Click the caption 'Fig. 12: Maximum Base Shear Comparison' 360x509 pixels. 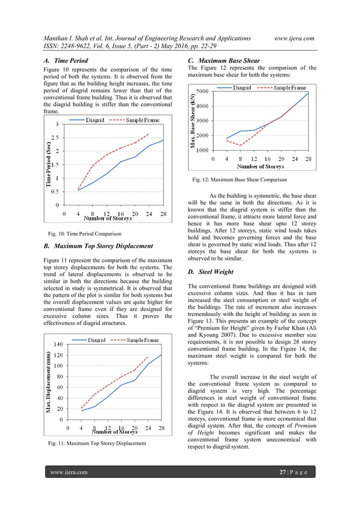[x=239, y=179]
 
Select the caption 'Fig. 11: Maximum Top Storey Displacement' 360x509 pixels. [x=97, y=444]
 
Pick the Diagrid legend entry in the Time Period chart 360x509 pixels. [x=90, y=120]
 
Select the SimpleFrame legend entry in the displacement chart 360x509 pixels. [x=135, y=340]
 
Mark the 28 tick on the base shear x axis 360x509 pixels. [x=308, y=159]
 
